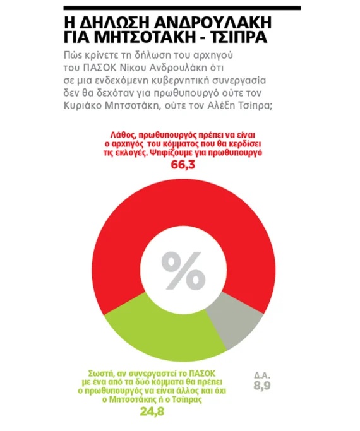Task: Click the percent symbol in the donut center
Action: (183, 271)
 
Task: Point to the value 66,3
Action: (183, 165)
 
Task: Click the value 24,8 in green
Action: (152, 411)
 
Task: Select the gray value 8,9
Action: (262, 386)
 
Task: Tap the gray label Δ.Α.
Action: (262, 375)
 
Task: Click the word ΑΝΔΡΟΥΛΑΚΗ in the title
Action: (213, 23)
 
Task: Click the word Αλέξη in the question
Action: (220, 106)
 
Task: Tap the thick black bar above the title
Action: (182, 8)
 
